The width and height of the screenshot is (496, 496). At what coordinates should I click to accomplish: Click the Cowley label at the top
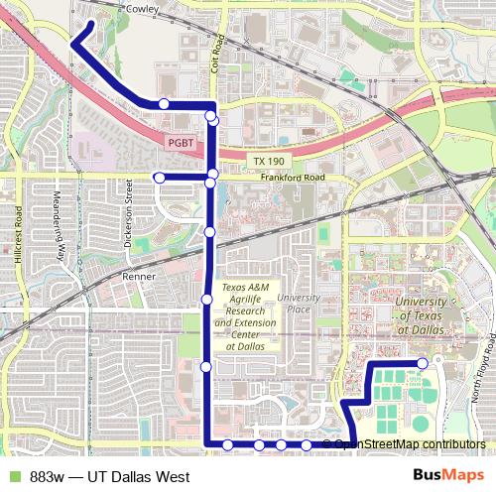coord(143,8)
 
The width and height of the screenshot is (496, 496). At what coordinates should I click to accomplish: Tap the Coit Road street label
coord(221,48)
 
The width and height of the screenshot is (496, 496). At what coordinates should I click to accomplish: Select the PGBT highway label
coord(180,142)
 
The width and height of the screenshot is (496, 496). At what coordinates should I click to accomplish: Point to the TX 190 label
coord(268,161)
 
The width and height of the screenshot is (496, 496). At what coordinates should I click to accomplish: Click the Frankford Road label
coord(293,179)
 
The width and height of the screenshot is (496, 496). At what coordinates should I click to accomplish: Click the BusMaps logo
coord(448,476)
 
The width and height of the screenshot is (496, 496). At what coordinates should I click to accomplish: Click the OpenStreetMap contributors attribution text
coord(410,443)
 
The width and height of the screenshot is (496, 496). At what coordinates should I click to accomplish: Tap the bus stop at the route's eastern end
coord(423,363)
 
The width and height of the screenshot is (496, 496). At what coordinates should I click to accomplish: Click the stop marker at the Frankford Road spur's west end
coord(159,178)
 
